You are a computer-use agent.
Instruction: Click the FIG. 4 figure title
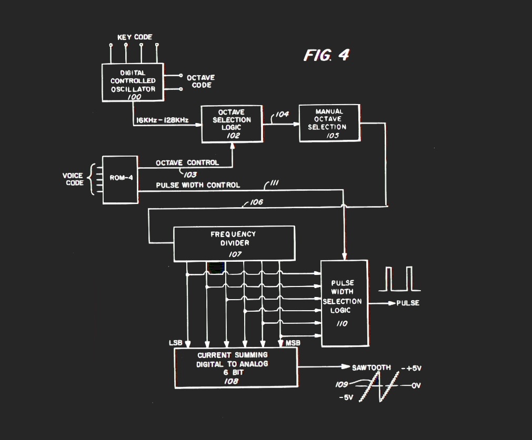point(326,55)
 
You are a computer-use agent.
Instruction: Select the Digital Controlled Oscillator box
point(133,83)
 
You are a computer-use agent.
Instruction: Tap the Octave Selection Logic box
point(232,124)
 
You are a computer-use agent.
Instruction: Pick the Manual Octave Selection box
point(329,123)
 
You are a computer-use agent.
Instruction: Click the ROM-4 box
point(120,179)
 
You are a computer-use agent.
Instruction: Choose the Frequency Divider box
point(234,243)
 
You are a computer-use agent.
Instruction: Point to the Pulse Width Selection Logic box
point(344,302)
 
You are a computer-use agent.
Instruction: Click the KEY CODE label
point(134,37)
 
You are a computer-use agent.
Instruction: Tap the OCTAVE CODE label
point(200,81)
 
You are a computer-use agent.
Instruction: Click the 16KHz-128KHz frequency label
point(162,120)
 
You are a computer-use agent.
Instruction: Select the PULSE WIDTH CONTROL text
point(198,185)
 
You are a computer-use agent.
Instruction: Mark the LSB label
point(175,343)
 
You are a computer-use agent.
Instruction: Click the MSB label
point(293,343)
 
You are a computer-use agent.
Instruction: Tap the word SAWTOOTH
point(371,367)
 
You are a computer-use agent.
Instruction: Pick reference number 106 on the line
point(256,202)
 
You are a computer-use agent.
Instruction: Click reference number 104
point(282,114)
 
